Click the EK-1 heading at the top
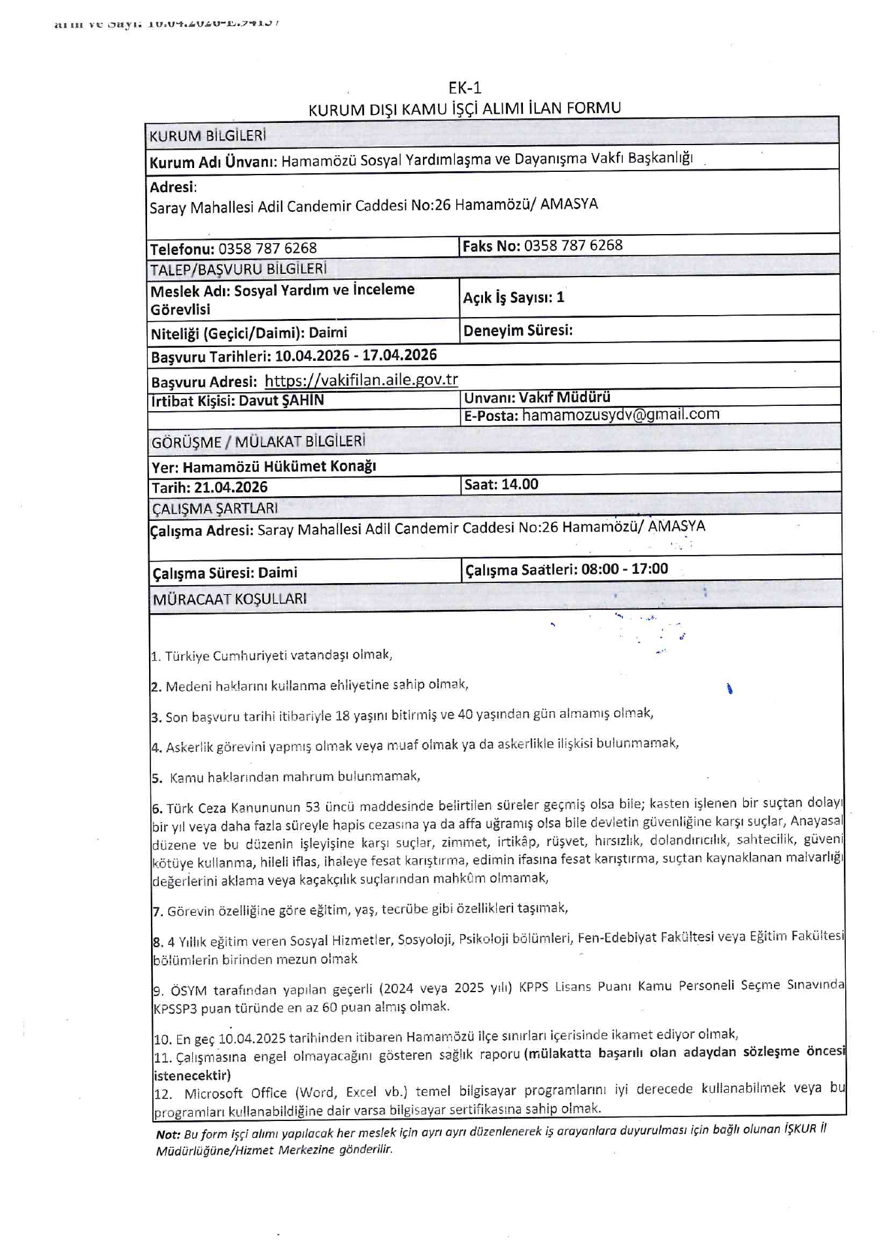[464, 88]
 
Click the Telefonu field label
[182, 249]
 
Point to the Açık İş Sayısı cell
[513, 298]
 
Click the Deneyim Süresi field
[518, 331]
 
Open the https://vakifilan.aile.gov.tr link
[361, 380]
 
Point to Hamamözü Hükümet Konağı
[279, 467]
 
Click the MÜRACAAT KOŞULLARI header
[229, 599]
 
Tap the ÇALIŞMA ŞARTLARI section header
[214, 509]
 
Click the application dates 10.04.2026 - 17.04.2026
[356, 356]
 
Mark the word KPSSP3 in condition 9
[175, 1009]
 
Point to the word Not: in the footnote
[168, 1135]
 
